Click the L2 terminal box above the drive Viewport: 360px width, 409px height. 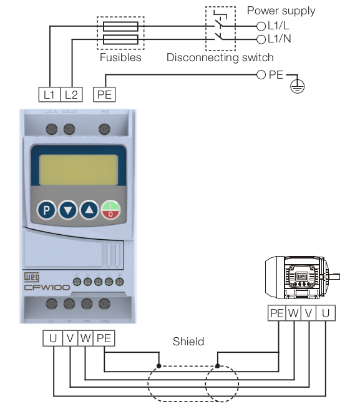click(x=71, y=95)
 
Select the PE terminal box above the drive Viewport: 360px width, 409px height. click(x=104, y=95)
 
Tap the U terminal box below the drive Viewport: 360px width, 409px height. click(x=52, y=338)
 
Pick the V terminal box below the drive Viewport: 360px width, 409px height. click(x=70, y=338)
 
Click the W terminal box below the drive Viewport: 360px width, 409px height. click(x=85, y=338)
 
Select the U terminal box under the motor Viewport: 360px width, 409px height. click(x=326, y=313)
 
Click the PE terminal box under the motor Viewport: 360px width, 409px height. click(x=276, y=313)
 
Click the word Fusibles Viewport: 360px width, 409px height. click(x=120, y=57)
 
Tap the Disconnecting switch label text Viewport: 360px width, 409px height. click(x=220, y=57)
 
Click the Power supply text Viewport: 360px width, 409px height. click(x=281, y=11)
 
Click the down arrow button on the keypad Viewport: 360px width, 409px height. click(x=67, y=210)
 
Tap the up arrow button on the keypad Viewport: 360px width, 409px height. click(x=89, y=210)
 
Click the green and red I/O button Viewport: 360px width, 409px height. click(x=110, y=210)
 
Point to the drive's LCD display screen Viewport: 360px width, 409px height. click(x=77, y=167)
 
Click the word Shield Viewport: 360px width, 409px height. click(x=188, y=342)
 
